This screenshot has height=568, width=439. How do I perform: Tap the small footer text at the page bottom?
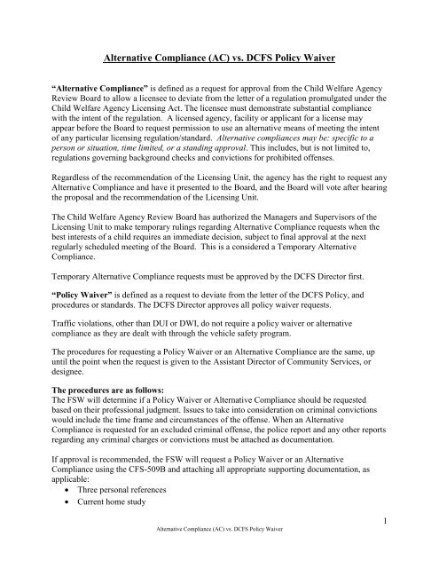point(218,557)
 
